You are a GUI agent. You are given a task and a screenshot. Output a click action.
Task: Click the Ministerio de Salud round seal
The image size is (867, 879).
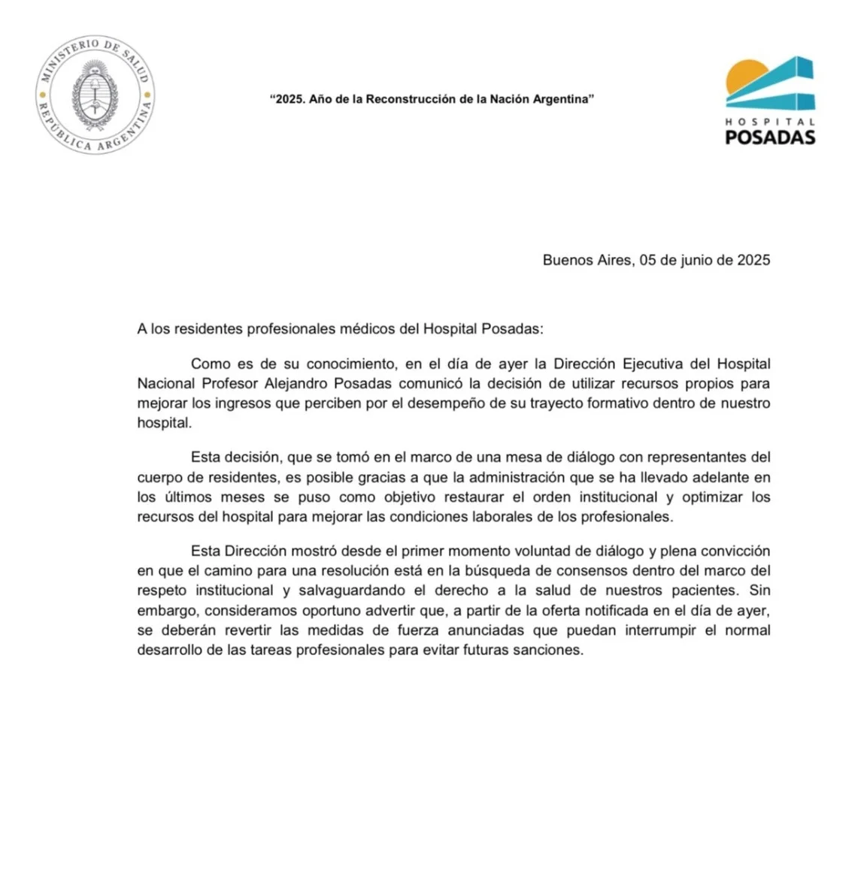[95, 95]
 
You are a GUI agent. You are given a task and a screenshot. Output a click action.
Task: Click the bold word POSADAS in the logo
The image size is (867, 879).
[770, 137]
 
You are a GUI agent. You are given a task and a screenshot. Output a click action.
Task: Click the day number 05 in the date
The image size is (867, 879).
[648, 260]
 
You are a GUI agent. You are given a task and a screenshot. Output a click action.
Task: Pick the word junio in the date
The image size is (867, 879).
[696, 260]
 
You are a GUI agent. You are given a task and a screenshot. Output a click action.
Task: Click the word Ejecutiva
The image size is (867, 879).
[653, 364]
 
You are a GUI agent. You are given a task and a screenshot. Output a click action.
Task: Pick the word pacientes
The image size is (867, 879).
[700, 591]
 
